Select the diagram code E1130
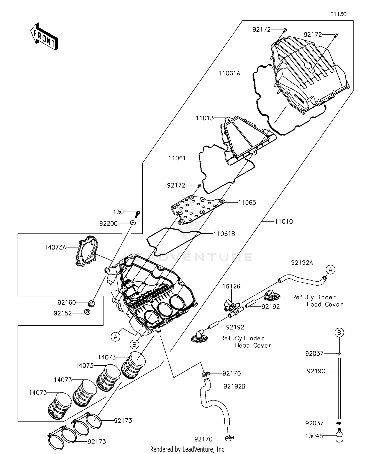coord(338,14)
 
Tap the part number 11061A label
coord(229,73)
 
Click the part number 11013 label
coord(205,118)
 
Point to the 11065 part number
coord(247,203)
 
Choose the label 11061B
coord(224,234)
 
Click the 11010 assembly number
coord(284,221)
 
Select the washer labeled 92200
coord(133,223)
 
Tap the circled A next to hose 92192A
coord(330,270)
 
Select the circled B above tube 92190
coord(339,333)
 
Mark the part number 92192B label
coord(234,386)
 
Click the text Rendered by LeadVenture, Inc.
coord(188,449)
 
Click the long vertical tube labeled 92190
coord(339,389)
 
